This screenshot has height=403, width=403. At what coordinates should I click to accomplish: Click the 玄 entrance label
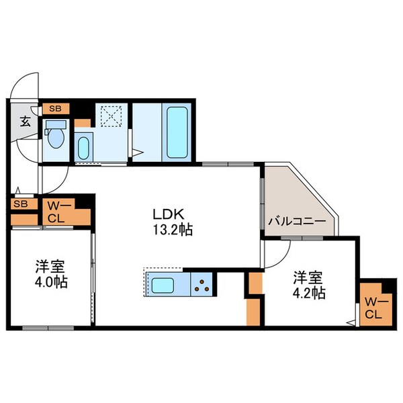tap(24, 122)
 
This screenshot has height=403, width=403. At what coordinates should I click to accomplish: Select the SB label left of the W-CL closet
tap(20, 204)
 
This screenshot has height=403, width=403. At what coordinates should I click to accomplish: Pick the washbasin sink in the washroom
tap(83, 146)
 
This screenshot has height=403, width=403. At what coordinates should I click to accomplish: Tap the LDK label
tap(168, 215)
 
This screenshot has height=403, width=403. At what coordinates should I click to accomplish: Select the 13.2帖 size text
tap(173, 230)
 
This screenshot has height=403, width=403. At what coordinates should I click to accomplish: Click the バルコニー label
tap(296, 221)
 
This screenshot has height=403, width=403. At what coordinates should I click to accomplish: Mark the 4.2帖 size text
tap(309, 293)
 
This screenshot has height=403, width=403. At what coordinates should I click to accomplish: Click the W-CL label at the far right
tap(373, 306)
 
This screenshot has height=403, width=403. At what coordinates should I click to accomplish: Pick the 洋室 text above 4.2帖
tap(309, 277)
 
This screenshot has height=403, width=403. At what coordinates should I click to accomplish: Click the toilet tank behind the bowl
tap(56, 124)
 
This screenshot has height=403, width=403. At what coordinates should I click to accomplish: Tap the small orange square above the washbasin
tap(81, 123)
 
